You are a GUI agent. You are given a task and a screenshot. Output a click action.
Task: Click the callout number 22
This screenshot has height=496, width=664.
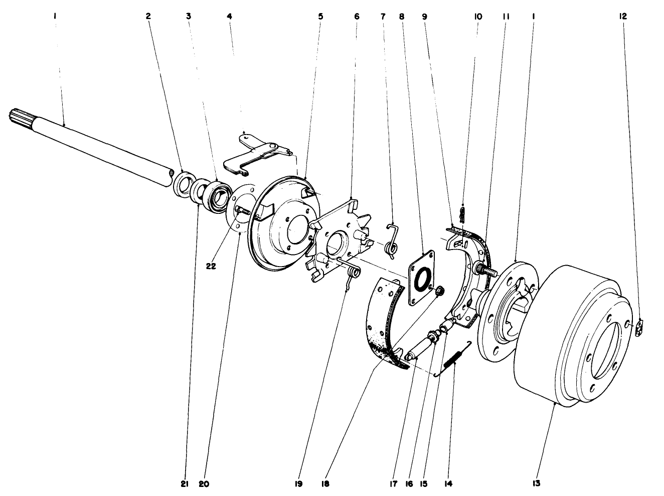(211, 266)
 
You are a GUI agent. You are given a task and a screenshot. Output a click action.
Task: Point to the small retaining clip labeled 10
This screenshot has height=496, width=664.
(463, 214)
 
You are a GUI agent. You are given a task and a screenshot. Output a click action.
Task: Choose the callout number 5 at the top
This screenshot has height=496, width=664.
(320, 17)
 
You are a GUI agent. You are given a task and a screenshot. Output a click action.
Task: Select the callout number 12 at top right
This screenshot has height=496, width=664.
(623, 17)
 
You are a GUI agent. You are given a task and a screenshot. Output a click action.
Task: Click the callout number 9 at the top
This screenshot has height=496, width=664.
(424, 17)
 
